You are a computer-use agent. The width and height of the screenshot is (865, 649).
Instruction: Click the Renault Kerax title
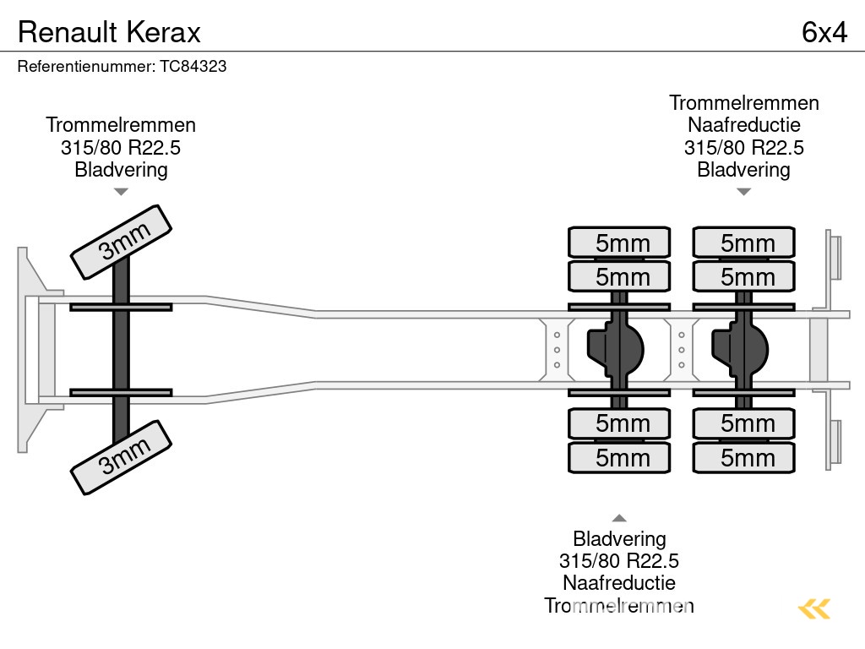tap(109, 32)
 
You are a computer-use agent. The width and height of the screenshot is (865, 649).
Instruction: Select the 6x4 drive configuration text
tap(824, 32)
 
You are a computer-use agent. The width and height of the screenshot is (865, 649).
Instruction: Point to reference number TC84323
tap(122, 66)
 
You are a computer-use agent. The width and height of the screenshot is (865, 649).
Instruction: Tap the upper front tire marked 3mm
tap(121, 242)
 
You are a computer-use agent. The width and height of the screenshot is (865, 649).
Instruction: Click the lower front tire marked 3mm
tap(121, 456)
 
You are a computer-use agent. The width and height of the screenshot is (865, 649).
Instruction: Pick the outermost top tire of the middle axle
tap(619, 243)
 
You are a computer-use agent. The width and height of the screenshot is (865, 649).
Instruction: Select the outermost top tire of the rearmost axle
tap(744, 243)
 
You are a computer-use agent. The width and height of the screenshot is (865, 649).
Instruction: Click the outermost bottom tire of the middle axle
tap(619, 457)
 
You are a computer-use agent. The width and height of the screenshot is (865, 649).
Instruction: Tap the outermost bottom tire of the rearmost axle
tap(744, 457)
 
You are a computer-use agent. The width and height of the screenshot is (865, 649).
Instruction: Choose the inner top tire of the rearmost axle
tap(744, 276)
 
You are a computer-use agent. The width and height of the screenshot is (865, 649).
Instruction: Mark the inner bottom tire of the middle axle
tap(619, 423)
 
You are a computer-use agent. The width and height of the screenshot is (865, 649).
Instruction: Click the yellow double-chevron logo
tap(814, 608)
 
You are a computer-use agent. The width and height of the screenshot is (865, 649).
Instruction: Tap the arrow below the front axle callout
tap(121, 192)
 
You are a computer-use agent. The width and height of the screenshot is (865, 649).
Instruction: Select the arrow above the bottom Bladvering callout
tap(619, 518)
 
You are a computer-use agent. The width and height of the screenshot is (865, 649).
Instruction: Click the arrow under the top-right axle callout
tap(743, 192)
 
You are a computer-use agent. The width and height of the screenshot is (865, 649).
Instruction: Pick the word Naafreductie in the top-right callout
tap(743, 125)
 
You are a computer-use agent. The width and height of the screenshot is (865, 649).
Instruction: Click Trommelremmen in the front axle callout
tap(121, 125)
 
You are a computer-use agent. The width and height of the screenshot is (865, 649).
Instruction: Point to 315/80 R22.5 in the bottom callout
tap(619, 560)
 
